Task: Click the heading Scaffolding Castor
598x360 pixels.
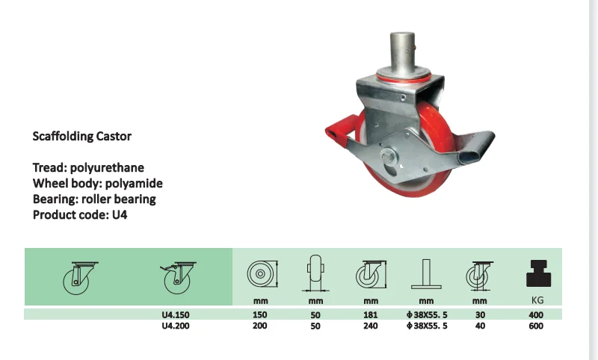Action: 82,137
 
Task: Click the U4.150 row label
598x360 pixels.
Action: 173,315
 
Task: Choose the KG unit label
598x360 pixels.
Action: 535,301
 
